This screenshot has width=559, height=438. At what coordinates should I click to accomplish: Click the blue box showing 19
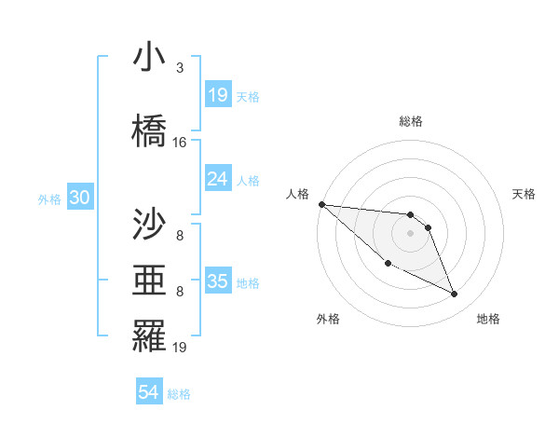[x=218, y=95]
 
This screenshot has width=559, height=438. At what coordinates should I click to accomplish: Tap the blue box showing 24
[x=218, y=180]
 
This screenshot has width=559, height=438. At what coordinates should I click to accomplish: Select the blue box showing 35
[x=218, y=282]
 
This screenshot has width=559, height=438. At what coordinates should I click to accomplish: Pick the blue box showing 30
[x=79, y=198]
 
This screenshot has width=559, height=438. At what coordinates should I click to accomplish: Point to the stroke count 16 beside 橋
[x=180, y=143]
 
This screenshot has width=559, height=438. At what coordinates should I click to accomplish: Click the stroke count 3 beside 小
[x=180, y=68]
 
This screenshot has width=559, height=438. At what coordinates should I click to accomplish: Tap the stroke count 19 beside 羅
[x=180, y=348]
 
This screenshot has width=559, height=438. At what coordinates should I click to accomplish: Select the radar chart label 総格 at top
[x=411, y=121]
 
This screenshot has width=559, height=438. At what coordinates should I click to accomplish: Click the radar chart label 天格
[x=524, y=194]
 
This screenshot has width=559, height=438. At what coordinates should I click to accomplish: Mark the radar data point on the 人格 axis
[x=321, y=204]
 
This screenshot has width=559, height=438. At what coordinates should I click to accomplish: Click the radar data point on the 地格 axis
[x=455, y=294]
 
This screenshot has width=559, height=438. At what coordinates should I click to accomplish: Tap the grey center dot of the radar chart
[x=411, y=233]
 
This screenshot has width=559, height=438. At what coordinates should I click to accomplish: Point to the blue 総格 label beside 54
[x=179, y=394]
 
